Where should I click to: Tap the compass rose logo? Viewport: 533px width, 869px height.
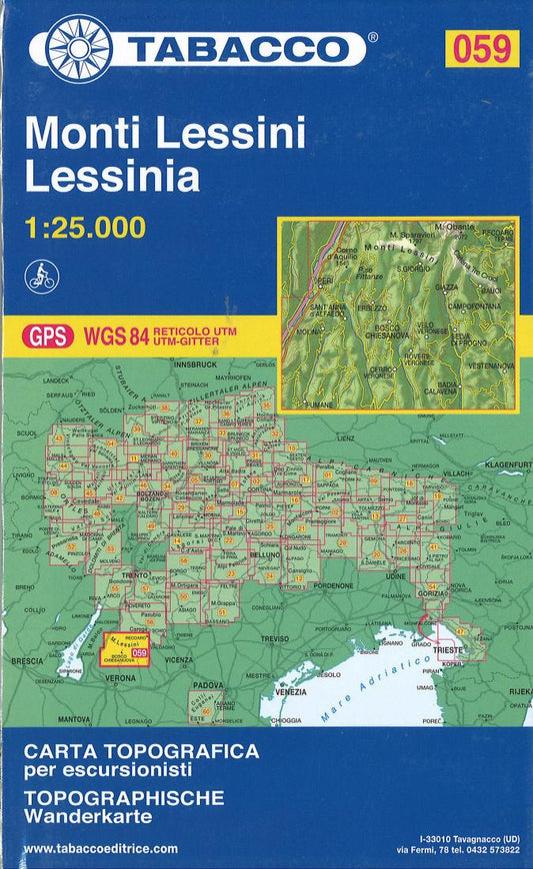tap(75, 49)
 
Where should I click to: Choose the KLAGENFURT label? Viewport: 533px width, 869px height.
tap(507, 464)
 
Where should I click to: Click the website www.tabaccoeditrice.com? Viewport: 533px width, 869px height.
tap(99, 848)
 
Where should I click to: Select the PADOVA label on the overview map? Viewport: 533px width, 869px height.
tap(208, 684)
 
